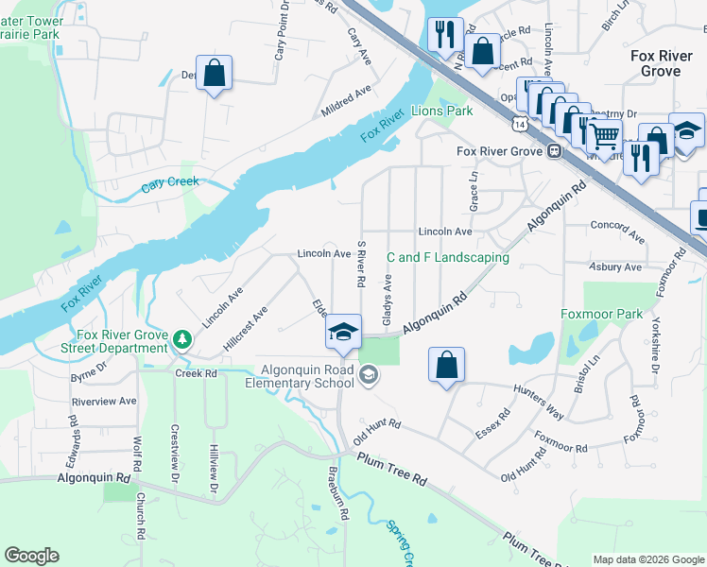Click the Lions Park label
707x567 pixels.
pos(442,112)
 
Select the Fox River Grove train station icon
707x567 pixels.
pos(555,151)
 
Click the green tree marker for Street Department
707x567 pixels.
pos(181,338)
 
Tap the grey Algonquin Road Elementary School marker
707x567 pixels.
pos(370,377)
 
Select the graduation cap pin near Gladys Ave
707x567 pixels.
pos(343,331)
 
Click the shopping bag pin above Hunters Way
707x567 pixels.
pos(446,365)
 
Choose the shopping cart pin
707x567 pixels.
pos(604,136)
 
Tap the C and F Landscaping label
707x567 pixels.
pos(448,257)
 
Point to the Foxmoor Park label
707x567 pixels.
pos(601,314)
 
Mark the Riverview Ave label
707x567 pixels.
pos(104,401)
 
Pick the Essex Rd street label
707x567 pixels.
pos(493,425)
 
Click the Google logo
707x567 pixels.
pos(31,556)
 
